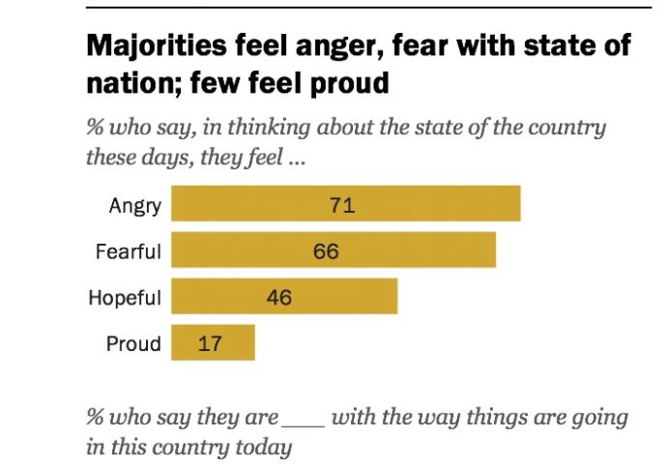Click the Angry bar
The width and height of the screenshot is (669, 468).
point(346,204)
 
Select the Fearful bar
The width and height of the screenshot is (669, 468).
point(334,250)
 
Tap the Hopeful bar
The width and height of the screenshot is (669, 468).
point(284,296)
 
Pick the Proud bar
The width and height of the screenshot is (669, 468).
point(213,342)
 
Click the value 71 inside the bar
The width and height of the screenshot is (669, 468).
point(343,205)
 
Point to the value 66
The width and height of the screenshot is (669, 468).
point(326,251)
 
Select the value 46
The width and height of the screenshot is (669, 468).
point(278,297)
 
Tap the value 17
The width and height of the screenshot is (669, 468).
point(210,343)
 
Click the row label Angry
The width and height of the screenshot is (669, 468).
point(134,205)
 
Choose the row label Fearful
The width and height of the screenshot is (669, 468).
point(128,251)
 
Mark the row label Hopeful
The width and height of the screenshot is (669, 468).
point(125,297)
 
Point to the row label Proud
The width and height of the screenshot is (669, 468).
point(133,343)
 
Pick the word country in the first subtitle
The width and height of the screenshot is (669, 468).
point(570,129)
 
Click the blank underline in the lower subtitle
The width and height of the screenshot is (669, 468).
point(303,423)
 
